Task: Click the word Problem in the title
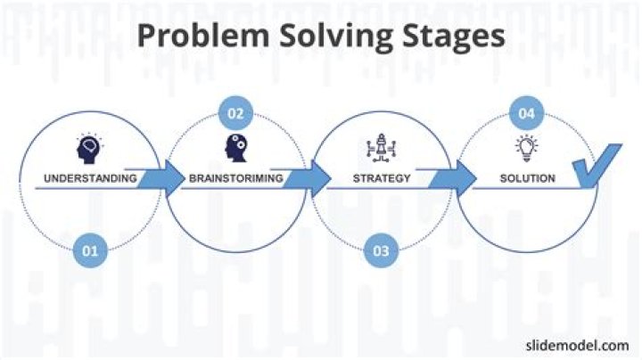point(203,36)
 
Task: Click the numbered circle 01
point(90,250)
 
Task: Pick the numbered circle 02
point(235,113)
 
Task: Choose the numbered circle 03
point(381,250)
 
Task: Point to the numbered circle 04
point(527,113)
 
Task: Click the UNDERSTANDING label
point(90,178)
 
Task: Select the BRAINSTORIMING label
point(235,178)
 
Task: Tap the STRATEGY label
point(382,178)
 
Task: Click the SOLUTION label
point(527,178)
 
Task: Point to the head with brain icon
point(90,149)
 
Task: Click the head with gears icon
point(235,148)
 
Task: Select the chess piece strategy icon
point(382,148)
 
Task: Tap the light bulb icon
point(527,148)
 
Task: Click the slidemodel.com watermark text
point(577,345)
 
